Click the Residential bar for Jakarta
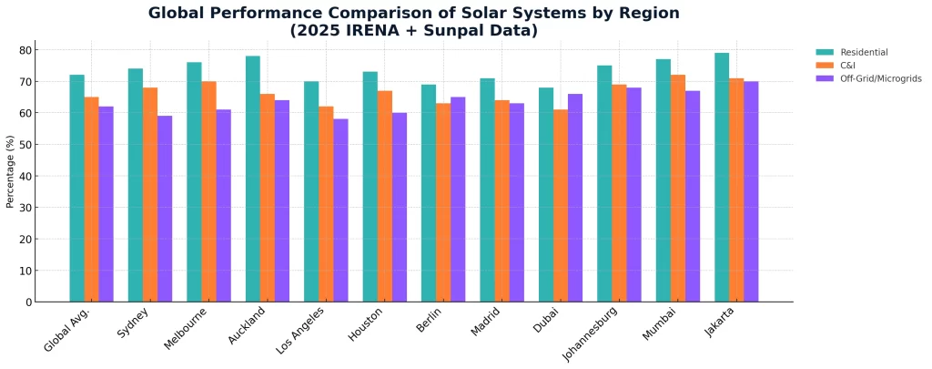(722, 178)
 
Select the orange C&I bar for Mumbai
(678, 189)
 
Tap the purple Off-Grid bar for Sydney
(165, 209)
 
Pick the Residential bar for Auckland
(253, 179)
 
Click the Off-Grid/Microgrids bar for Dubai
(575, 198)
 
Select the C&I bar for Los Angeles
(326, 204)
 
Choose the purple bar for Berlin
(458, 200)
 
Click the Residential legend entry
(864, 52)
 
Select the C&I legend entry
(850, 66)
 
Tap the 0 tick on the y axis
(29, 302)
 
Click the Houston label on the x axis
(364, 324)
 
